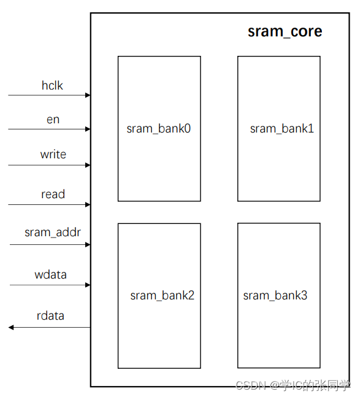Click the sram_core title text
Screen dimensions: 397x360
coord(285,32)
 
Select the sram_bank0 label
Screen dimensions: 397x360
coord(159,129)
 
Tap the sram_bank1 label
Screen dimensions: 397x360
coord(281,128)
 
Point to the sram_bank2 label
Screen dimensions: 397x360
coord(162,295)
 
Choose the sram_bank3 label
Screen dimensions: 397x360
coord(275,295)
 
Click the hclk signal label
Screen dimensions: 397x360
coord(52,86)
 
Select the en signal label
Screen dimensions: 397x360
coord(53,120)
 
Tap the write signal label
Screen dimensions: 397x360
coord(53,155)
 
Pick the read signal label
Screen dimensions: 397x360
coord(53,195)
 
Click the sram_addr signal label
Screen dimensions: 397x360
coord(53,233)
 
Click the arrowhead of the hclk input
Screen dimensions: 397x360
coord(88,95)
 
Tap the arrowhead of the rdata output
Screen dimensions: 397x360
coord(11,328)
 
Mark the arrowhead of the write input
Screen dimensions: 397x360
coord(88,165)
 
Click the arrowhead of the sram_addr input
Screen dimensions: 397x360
coord(88,244)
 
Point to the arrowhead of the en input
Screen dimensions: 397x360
coord(88,129)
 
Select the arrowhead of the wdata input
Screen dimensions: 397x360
coord(88,285)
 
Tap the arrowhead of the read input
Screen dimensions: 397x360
coord(88,204)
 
